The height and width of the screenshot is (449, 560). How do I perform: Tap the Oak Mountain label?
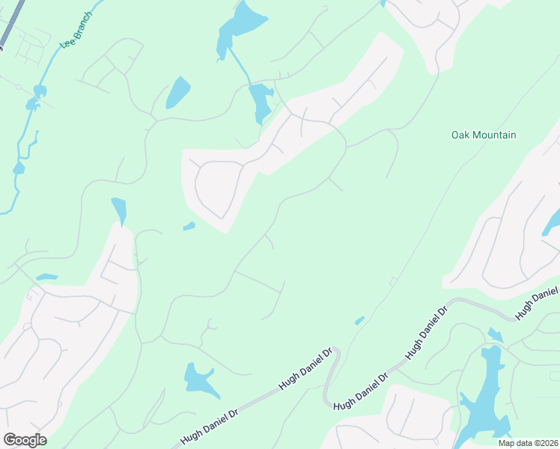484,135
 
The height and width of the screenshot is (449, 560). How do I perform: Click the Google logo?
25,440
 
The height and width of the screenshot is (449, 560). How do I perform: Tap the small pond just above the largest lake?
495,335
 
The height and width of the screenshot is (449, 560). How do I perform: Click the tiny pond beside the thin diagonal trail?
359,320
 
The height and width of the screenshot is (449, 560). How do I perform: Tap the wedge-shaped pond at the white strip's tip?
119,210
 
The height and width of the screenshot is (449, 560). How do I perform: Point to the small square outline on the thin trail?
392,281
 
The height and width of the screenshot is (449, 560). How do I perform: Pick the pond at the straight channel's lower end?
261,103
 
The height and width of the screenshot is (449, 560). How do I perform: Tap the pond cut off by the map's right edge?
553,222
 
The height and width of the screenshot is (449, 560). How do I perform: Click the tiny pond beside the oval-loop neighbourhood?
189,226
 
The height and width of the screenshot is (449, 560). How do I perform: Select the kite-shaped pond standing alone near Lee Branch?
177,92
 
